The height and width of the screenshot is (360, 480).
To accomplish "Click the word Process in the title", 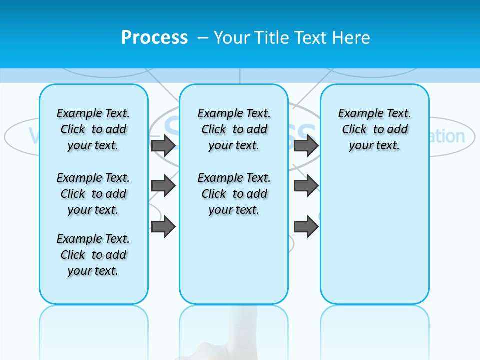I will pos(154,38).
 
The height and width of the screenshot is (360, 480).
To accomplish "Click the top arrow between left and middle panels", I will pos(163,145).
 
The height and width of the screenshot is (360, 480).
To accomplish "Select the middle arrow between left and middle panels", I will pos(163,186).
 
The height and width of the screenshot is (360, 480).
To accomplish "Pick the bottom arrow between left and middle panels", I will pos(163,227).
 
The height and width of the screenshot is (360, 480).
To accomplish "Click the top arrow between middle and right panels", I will pos(306,145).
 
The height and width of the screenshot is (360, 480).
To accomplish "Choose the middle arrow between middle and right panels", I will pos(306,186).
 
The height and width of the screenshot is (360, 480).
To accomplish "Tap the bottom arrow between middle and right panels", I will pos(306,227).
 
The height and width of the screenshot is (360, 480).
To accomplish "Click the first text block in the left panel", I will pos(93,129).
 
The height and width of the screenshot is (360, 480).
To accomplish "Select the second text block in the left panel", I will pos(93,194).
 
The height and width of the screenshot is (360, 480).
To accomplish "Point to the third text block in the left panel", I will pos(93,255).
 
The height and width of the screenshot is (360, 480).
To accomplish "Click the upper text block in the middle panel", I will pos(234,129).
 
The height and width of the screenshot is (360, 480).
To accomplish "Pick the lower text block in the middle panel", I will pos(234,194).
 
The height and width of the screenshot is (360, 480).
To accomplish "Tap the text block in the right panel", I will pos(374,129).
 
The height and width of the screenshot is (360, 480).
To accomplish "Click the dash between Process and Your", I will pos(203,38).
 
